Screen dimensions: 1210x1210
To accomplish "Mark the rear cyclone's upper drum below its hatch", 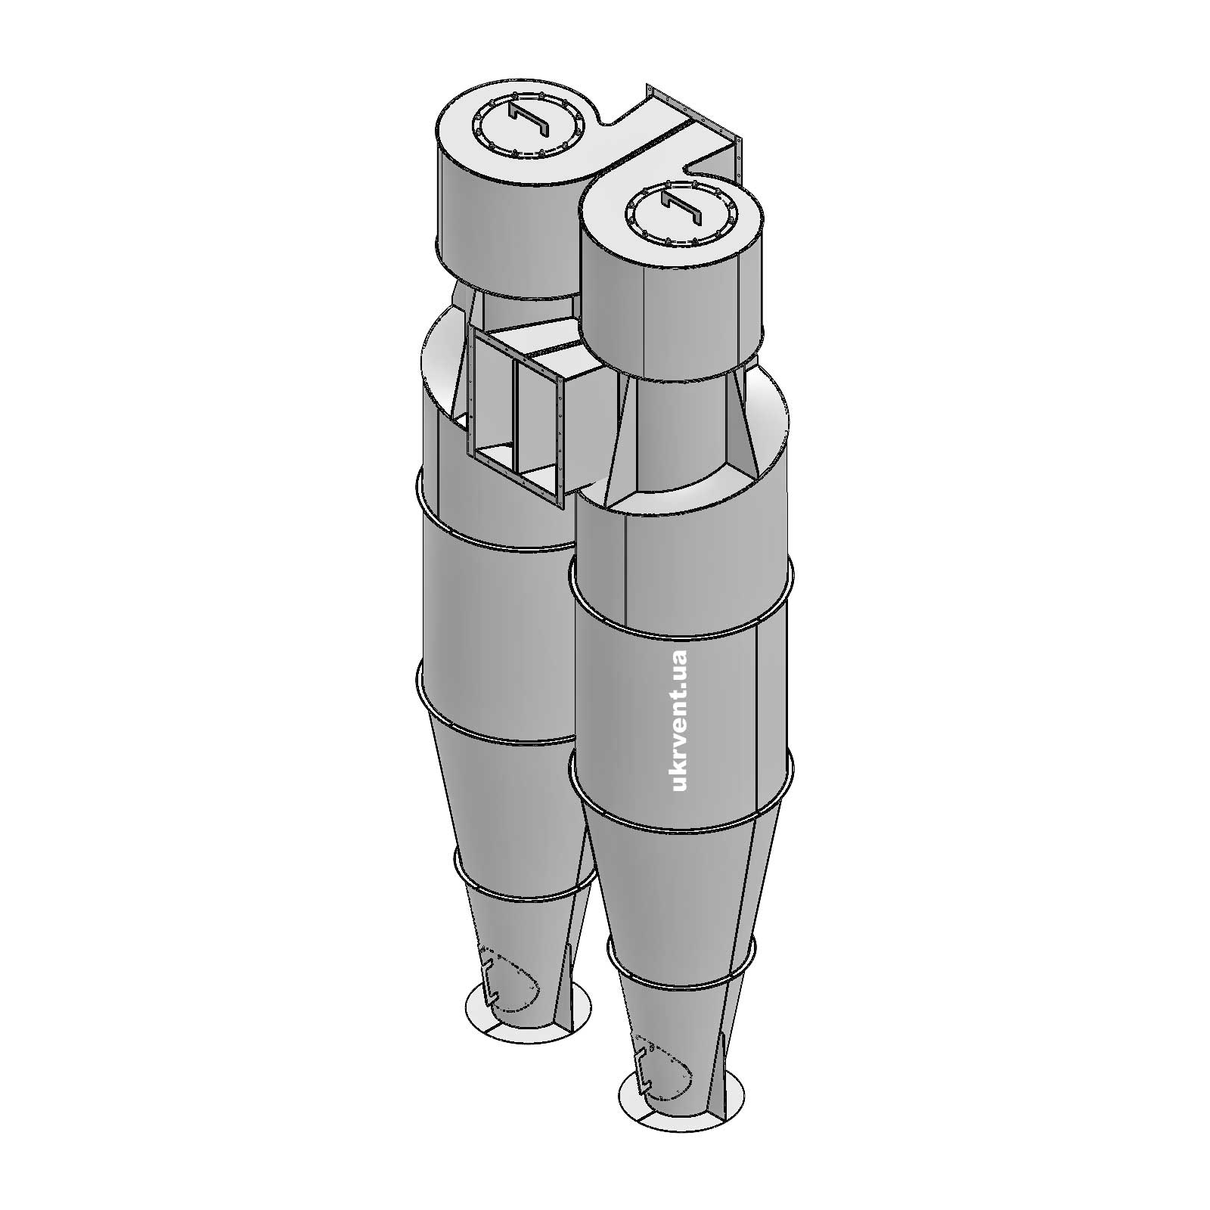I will pyautogui.click(x=507, y=227).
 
